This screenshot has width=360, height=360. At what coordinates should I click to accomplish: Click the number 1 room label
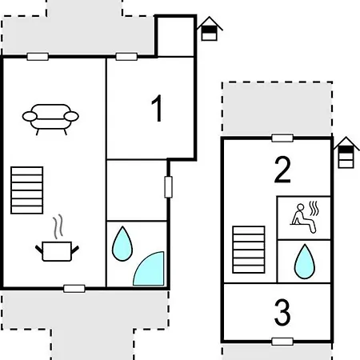(x=157, y=109)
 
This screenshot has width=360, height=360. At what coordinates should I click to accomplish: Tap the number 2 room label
(x=282, y=170)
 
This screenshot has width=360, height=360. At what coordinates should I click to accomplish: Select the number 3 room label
(x=282, y=313)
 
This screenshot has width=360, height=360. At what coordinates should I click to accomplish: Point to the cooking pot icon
(x=57, y=251)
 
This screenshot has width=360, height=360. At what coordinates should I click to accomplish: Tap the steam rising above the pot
(x=57, y=228)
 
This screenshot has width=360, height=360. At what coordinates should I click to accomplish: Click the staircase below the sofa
(x=26, y=191)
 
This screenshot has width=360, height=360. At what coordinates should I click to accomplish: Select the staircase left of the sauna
(x=248, y=250)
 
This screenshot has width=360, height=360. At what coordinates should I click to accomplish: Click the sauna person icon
(x=304, y=215)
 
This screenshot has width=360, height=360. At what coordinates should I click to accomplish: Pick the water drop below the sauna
(x=304, y=260)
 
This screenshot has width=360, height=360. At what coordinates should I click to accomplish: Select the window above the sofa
(x=38, y=57)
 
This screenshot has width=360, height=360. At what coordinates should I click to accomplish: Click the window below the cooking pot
(x=74, y=287)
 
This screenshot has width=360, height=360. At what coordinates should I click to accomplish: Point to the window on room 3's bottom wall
(x=282, y=342)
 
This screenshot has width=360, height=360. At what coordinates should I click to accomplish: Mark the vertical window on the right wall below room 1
(x=168, y=186)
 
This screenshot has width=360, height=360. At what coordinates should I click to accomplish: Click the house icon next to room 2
(x=346, y=152)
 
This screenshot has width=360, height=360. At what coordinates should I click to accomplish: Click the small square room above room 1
(x=175, y=36)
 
